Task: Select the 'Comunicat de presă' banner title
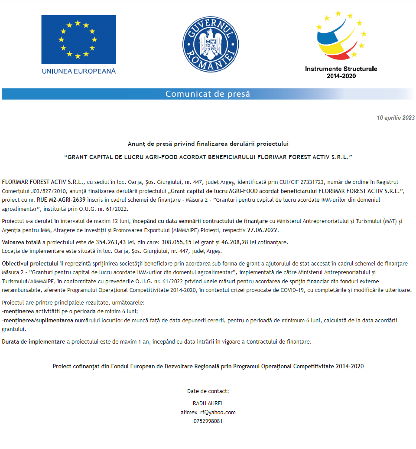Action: tap(208, 94)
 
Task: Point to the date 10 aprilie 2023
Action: tap(396, 118)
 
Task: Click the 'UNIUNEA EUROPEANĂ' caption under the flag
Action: tap(78, 71)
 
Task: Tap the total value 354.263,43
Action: tap(111, 242)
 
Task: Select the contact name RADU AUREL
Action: tap(208, 403)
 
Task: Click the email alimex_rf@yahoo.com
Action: tap(208, 412)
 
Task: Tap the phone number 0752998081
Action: tap(208, 421)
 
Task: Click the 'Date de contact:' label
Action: tap(208, 391)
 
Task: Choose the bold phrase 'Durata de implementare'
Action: tap(33, 342)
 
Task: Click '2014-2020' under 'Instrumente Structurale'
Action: tap(341, 76)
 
